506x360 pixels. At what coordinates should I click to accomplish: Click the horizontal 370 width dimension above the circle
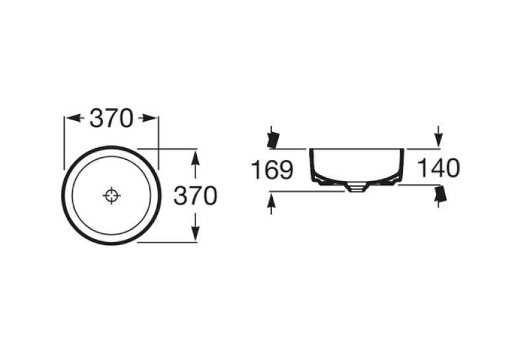111,118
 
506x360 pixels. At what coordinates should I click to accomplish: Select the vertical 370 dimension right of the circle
196,196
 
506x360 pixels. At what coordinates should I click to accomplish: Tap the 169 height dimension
272,170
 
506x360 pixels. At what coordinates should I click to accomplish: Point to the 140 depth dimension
438,168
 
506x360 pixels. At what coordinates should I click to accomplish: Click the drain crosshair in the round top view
112,196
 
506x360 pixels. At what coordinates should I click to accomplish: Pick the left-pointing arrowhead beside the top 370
73,118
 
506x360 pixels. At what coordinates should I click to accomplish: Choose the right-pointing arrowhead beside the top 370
149,118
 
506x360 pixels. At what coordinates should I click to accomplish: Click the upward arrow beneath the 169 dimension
271,203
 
